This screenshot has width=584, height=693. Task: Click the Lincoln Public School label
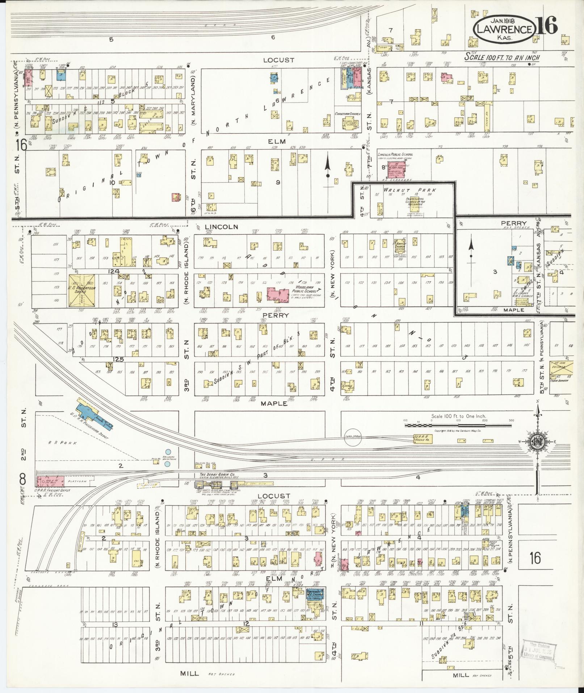(395, 154)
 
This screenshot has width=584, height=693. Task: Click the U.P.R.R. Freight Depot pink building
(50, 481)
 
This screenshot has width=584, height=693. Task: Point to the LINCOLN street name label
(221, 227)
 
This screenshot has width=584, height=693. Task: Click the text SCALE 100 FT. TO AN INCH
(502, 57)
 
